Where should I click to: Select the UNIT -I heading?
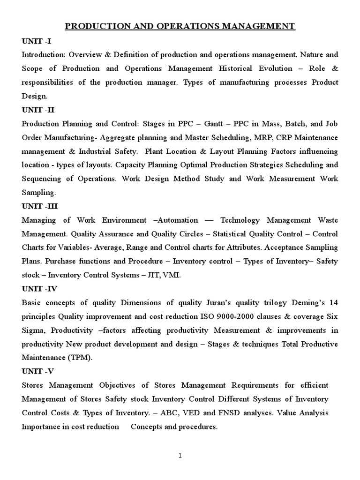[37, 41]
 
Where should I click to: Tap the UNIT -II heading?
[38, 110]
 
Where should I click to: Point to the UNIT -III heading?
[40, 206]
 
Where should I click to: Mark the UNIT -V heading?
[38, 371]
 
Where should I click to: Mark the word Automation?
[179, 220]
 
